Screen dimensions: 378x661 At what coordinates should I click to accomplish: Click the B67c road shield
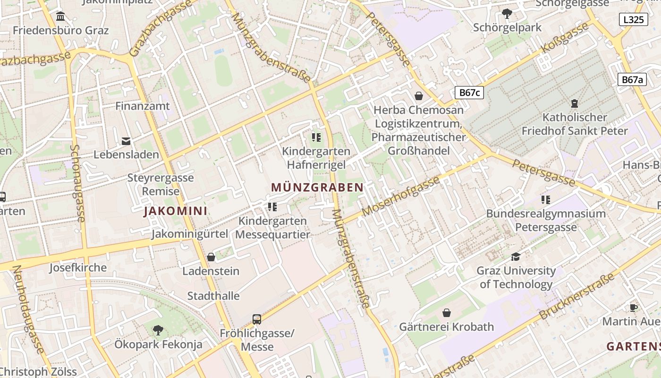pos(469,92)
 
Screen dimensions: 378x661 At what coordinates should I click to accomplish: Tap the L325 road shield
pos(633,19)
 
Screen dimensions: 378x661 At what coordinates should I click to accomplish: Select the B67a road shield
pos(632,79)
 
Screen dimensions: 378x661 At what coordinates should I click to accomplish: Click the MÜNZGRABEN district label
pos(317,187)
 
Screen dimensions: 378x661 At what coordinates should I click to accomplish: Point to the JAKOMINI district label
pos(176,211)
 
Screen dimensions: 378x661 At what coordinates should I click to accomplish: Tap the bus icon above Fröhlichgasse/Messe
pos(257,319)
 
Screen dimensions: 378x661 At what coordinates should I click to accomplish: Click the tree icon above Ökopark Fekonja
pos(158,330)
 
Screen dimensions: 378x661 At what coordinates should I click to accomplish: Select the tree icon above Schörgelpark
pos(507,14)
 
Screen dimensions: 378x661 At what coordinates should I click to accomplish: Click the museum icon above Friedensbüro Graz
pos(60,17)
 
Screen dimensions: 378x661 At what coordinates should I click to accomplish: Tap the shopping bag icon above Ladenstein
pos(211,257)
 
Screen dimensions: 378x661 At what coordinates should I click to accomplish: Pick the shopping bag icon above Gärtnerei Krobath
pos(446,313)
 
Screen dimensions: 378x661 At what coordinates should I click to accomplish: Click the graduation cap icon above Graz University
pos(516,257)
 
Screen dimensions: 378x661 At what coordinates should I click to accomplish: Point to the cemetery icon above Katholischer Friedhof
pos(574,103)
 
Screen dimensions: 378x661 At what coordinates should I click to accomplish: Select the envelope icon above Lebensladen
pos(126,141)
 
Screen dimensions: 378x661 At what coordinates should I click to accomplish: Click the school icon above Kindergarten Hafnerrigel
pos(316,137)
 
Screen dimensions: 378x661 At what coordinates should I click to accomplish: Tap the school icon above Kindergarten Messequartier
pos(272,206)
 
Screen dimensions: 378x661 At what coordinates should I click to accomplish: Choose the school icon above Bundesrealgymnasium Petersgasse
pos(546,199)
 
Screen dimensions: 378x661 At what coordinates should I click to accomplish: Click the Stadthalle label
pos(213,296)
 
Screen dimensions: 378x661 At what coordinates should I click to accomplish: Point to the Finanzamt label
pos(143,106)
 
